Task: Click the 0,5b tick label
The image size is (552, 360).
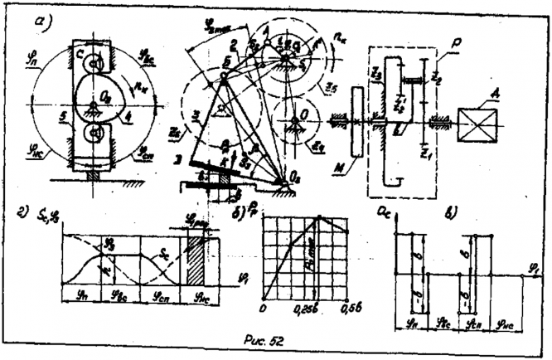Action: click(359, 303)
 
